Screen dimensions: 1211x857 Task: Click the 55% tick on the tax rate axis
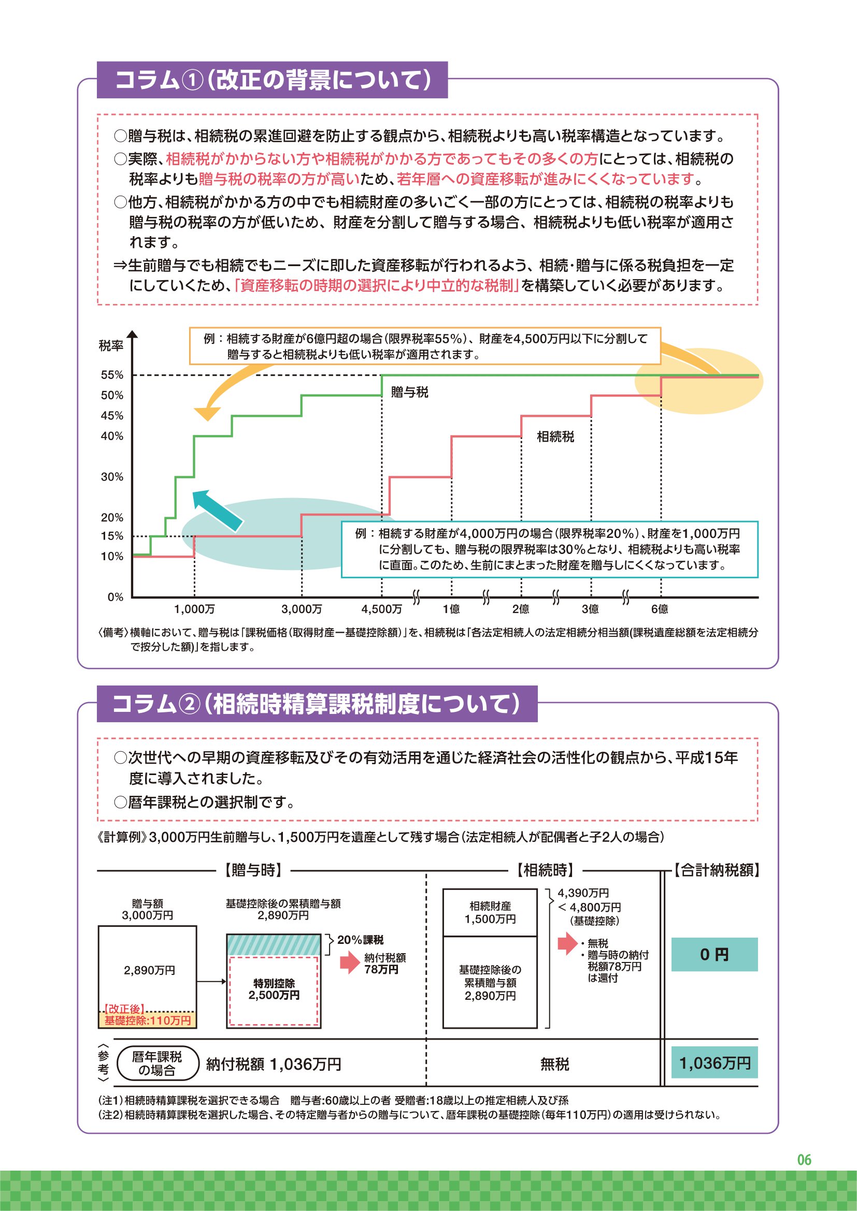point(112,375)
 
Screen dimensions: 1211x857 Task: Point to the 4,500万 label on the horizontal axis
point(381,609)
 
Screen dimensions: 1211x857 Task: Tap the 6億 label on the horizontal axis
point(660,609)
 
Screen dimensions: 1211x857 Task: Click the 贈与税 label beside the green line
point(409,392)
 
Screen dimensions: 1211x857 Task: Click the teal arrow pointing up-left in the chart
point(217,509)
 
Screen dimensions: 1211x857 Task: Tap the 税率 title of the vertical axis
point(111,346)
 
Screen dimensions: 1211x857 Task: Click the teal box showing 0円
point(714,954)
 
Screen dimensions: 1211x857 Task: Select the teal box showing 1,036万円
point(714,1063)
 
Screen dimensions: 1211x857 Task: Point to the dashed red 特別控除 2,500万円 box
point(274,990)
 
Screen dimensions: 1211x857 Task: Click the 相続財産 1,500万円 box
point(490,912)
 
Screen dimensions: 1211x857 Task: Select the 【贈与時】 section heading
point(253,870)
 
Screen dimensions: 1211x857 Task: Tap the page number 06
point(804,1160)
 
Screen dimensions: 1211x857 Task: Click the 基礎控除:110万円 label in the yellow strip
point(147,1020)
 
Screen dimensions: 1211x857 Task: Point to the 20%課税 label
point(361,940)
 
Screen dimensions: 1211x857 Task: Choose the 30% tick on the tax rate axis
point(112,477)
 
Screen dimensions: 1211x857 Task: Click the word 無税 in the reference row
point(554,1064)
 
